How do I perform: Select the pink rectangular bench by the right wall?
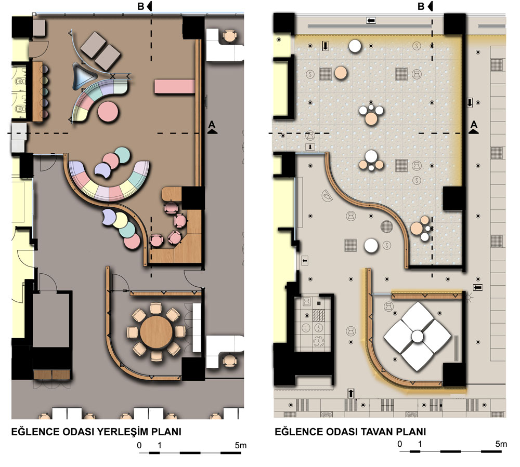point(174,86)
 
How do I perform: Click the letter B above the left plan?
point(140,6)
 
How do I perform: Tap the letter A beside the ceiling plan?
point(474,124)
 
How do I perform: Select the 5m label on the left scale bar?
point(240,446)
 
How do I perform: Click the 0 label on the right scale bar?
point(400,444)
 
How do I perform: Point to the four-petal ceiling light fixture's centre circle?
point(417,337)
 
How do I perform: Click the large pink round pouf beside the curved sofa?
point(108,112)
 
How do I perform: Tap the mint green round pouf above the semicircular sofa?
point(122,155)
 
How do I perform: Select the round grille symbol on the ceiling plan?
point(387,227)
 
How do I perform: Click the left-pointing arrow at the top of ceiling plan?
point(371,21)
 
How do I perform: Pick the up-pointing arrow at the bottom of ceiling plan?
point(351,393)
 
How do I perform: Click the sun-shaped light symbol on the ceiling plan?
point(469,297)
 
